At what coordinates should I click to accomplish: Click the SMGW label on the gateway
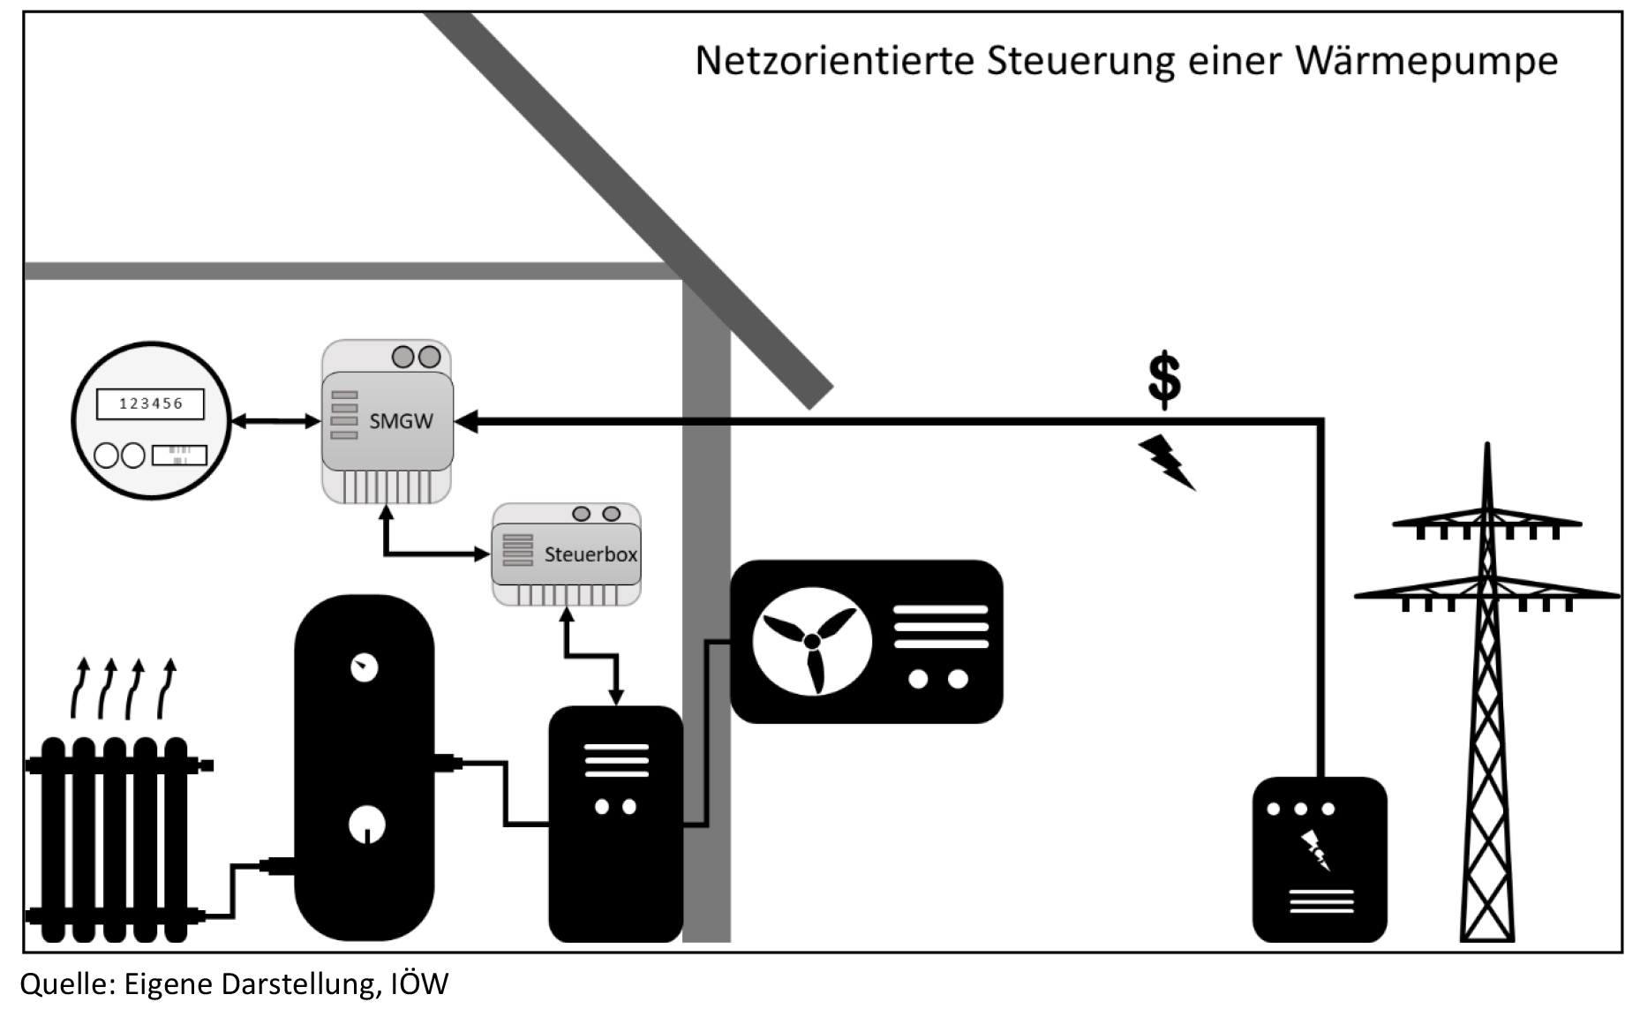point(401,421)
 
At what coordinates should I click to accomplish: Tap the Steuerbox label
point(591,554)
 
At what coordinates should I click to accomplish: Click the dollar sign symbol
point(1164,379)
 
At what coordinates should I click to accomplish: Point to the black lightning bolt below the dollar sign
point(1166,462)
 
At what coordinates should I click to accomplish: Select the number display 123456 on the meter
point(150,403)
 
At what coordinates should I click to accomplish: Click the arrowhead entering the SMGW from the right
point(466,422)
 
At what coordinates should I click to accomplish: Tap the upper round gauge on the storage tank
point(364,668)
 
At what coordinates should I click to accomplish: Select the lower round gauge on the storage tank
point(367,825)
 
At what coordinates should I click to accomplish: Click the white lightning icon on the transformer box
point(1314,850)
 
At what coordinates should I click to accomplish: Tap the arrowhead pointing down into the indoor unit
point(616,697)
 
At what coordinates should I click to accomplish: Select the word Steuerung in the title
point(1081,61)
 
